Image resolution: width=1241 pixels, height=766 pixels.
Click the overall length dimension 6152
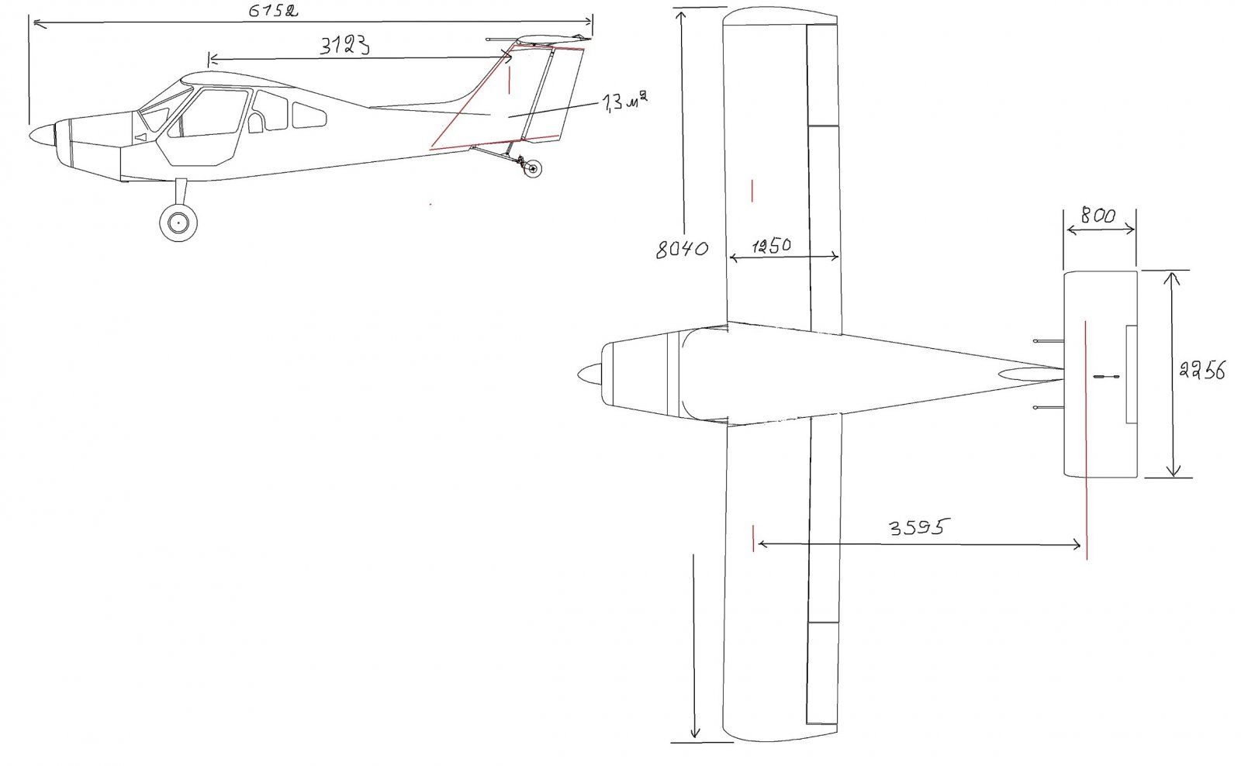272,11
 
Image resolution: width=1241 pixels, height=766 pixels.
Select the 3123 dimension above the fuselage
344,46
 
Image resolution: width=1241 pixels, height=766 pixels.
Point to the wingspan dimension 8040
682,249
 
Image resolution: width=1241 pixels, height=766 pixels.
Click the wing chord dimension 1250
771,245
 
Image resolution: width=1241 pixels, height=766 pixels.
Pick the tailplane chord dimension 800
1098,215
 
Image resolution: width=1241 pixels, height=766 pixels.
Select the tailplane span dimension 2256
1201,369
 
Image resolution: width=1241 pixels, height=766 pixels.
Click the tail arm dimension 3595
916,526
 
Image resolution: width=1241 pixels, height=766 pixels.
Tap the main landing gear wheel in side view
178,223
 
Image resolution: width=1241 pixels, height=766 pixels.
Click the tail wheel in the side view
533,168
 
